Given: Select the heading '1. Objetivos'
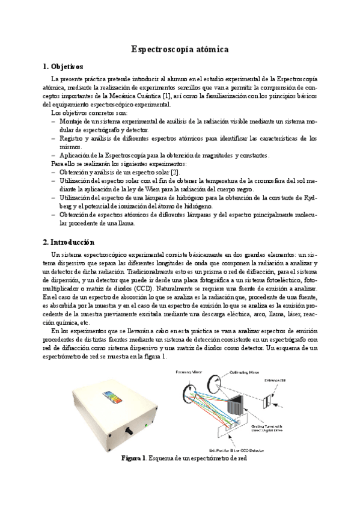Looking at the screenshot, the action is [67, 66].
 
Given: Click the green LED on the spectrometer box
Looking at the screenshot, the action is [146, 426].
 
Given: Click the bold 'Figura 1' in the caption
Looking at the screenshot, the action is [133, 458].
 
